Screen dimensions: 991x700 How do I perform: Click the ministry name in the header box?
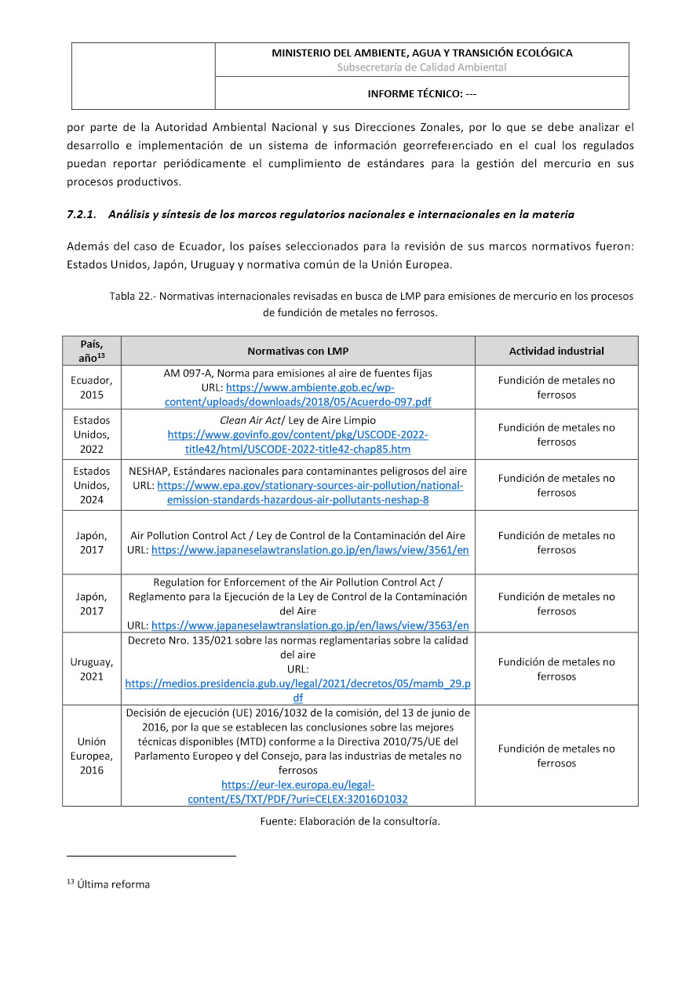(x=421, y=53)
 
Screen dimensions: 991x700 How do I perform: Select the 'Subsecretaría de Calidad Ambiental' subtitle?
(x=421, y=67)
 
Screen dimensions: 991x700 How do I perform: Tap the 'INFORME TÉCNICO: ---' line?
(x=421, y=94)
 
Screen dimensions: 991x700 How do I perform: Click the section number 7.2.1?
(x=82, y=214)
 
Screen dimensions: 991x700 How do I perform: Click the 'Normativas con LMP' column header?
(x=297, y=351)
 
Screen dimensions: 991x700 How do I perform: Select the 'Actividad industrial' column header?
(x=556, y=351)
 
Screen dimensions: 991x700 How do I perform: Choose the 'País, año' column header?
(x=91, y=350)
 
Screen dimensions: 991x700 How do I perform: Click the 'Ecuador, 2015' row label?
(x=91, y=388)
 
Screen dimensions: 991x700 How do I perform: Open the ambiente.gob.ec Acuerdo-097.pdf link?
(x=297, y=395)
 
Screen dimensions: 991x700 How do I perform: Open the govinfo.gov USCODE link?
(x=297, y=442)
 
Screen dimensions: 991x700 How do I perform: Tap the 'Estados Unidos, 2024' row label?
(x=91, y=486)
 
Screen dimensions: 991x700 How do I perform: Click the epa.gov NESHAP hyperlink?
(x=309, y=493)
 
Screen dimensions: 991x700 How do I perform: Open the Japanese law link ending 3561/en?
(x=310, y=550)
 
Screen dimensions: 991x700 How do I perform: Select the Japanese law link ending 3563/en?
(x=310, y=625)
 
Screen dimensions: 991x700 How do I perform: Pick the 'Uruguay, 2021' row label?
(x=91, y=669)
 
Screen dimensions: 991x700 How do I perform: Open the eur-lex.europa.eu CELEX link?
(x=297, y=792)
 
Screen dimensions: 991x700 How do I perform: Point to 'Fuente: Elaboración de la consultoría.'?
(x=350, y=822)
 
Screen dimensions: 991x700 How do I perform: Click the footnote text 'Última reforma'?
(x=113, y=884)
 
